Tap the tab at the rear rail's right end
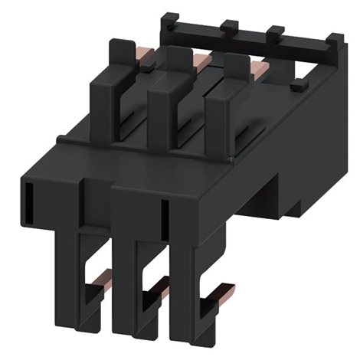pos(334,40)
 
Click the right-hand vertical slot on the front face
pos(164,218)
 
